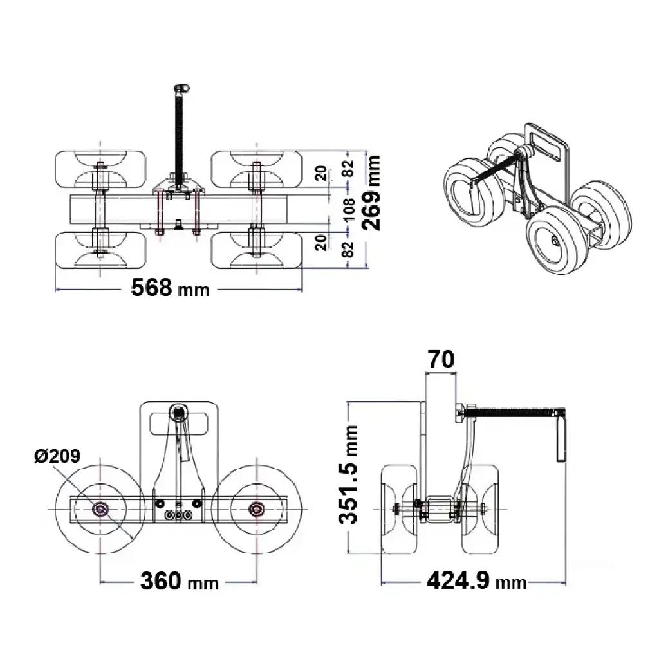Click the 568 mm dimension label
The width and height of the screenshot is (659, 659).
point(170,288)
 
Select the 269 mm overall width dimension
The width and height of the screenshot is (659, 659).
point(372,192)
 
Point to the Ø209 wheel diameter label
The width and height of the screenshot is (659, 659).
point(57,456)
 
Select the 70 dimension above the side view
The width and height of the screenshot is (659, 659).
point(441,360)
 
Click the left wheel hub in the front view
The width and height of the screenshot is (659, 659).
point(100,510)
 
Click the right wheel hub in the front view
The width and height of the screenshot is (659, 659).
point(257,510)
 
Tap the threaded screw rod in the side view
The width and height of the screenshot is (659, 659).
point(512,411)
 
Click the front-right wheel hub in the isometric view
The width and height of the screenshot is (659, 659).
point(554,240)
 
